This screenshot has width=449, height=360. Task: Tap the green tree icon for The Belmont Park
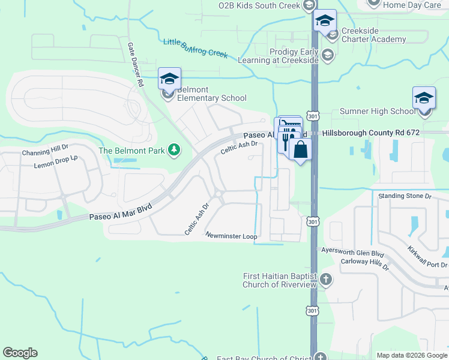coord(174,149)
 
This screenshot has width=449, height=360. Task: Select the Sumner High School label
coord(378,111)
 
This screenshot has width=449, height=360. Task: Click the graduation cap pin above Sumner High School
coord(424,98)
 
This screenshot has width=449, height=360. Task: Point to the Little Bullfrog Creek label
coord(196,49)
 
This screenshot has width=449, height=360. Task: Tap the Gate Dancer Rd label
coord(135,65)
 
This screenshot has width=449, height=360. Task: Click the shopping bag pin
coord(300,150)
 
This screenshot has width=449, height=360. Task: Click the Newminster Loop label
coord(231,236)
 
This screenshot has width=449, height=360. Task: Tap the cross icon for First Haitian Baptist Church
coord(326,280)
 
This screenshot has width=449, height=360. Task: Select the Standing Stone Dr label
coord(405,196)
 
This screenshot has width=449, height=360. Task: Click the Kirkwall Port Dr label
coord(428,256)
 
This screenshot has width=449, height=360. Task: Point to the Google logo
coord(20,353)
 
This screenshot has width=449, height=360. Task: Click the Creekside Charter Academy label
coord(373,35)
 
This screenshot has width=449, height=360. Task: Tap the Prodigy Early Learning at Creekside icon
coord(327,56)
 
